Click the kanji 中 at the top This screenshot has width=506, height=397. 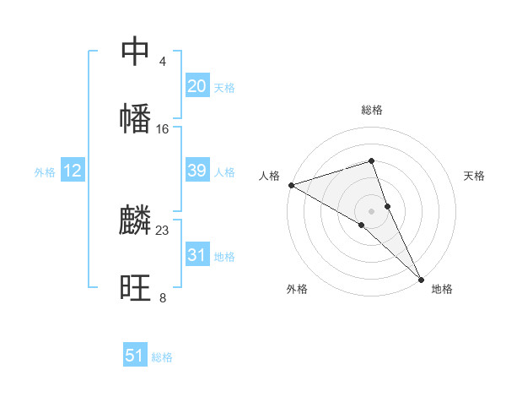point(136,51)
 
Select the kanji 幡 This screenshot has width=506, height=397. point(136,117)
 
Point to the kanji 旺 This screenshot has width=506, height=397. point(136,288)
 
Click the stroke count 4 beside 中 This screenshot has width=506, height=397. point(162,62)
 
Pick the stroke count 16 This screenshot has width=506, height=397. point(163,129)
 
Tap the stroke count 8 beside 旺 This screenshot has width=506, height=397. point(162,298)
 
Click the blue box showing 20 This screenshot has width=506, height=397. point(197,86)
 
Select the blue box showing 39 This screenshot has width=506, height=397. point(197,171)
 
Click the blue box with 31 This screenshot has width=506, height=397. point(197,255)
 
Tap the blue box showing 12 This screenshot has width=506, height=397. point(73,171)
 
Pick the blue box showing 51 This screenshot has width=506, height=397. point(135,356)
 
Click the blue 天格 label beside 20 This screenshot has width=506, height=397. point(224,88)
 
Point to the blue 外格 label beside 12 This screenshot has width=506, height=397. point(45,172)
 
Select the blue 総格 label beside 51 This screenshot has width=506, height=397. point(162,357)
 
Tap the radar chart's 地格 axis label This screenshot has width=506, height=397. point(442,289)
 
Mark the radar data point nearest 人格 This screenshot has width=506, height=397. point(291,185)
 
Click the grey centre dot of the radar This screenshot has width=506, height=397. point(372,209)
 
